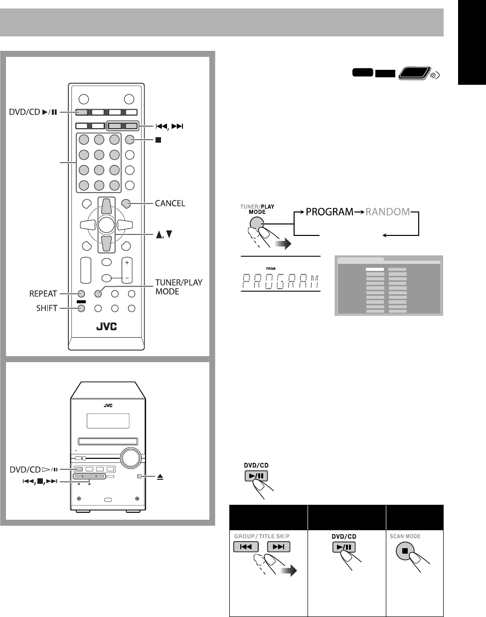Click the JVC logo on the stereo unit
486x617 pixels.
pyautogui.click(x=108, y=405)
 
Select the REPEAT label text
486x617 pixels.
pyautogui.click(x=43, y=294)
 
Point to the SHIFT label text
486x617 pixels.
pyautogui.click(x=43, y=309)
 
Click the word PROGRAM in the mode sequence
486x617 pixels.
pyautogui.click(x=329, y=212)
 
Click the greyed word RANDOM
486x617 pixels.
pyautogui.click(x=387, y=212)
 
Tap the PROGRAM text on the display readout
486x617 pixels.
pyautogui.click(x=280, y=283)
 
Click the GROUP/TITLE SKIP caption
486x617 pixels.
pyautogui.click(x=261, y=537)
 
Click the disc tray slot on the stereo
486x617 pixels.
pyautogui.click(x=108, y=441)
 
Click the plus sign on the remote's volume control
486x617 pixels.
pyautogui.click(x=127, y=262)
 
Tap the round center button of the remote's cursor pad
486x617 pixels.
pyautogui.click(x=106, y=225)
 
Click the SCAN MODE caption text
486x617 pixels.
pyautogui.click(x=405, y=537)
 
